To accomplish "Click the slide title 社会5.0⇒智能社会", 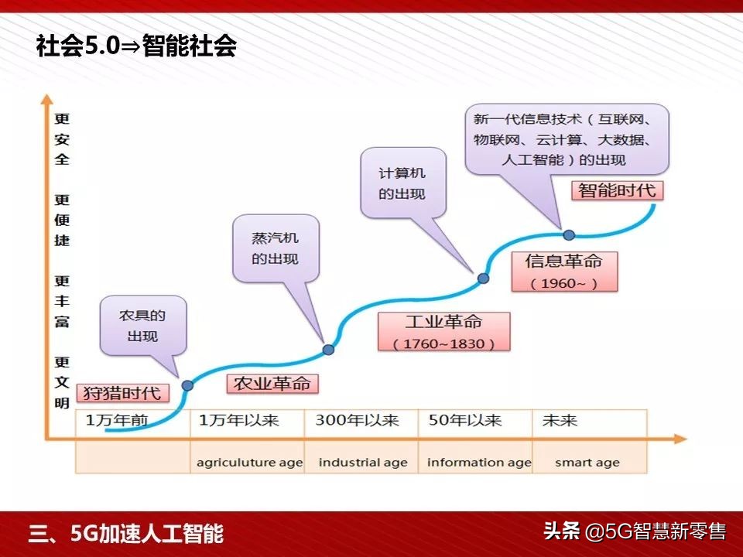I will coord(136,47).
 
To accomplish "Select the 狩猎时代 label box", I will coord(122,392).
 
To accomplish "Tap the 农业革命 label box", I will coord(272,383).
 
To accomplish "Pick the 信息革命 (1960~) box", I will coord(564,271).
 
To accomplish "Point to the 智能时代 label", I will coord(617,190).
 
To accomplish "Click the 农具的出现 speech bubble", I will coord(142,326).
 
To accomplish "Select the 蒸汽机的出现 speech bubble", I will coord(275,248).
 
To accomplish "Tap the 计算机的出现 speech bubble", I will coord(402,183).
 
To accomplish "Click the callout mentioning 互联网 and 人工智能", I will coord(567,139).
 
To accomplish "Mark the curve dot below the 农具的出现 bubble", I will coord(187,384).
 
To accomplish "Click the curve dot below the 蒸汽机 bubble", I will coord(328,350).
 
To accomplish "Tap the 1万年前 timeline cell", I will coord(117,421).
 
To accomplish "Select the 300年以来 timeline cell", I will coord(357,421).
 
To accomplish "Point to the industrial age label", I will coord(363,463).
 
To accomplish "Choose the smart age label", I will coord(587,463).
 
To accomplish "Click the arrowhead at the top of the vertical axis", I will coord(47,100).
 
